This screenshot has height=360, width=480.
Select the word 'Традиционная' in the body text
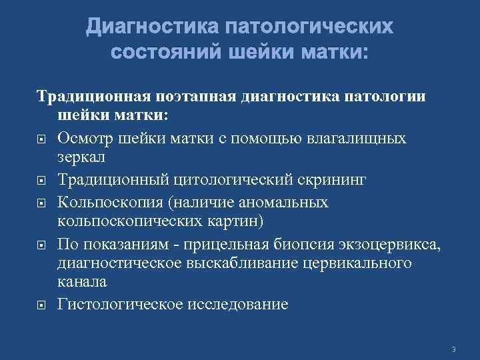[86, 98]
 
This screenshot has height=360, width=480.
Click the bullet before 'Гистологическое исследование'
[41, 306]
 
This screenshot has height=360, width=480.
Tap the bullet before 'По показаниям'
[41, 245]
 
